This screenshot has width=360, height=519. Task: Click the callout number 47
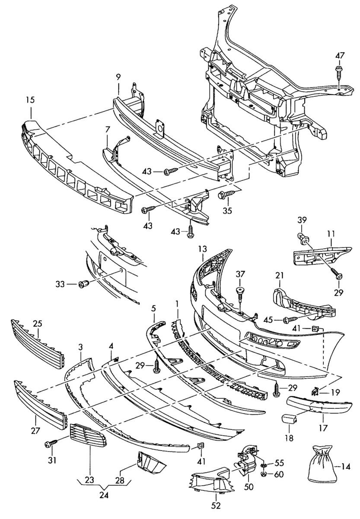(340, 55)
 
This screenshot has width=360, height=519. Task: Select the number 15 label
(30, 100)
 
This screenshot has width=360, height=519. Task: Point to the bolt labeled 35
(226, 197)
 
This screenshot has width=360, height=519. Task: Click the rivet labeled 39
(303, 237)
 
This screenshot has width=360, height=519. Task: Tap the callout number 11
(331, 234)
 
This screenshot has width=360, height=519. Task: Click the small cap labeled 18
(289, 420)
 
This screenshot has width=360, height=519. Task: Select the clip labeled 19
(315, 392)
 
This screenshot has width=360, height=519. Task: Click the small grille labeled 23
(87, 436)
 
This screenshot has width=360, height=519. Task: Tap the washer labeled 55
(263, 465)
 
